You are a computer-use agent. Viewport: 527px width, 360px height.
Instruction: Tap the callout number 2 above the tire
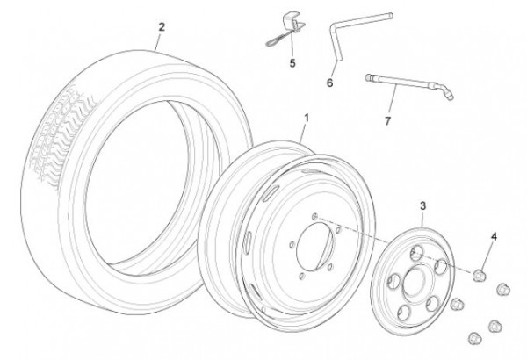click(161, 26)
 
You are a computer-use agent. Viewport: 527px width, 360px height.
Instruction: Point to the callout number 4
click(495, 237)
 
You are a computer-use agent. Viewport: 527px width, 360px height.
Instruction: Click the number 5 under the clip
click(292, 63)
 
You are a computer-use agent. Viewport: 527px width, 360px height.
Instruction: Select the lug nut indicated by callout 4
click(481, 274)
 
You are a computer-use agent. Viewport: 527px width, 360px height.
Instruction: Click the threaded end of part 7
click(373, 80)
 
